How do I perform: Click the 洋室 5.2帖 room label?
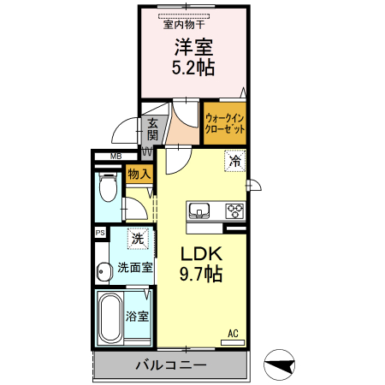[194, 56]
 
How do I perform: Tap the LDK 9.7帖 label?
[201, 264]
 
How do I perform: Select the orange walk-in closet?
[225, 123]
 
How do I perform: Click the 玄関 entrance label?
[152, 129]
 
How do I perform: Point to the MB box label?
[115, 156]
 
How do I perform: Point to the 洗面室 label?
[135, 268]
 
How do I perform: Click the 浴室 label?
[138, 317]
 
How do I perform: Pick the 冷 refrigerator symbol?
[234, 160]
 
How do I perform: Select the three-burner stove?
[234, 210]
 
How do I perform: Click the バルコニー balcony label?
[171, 365]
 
